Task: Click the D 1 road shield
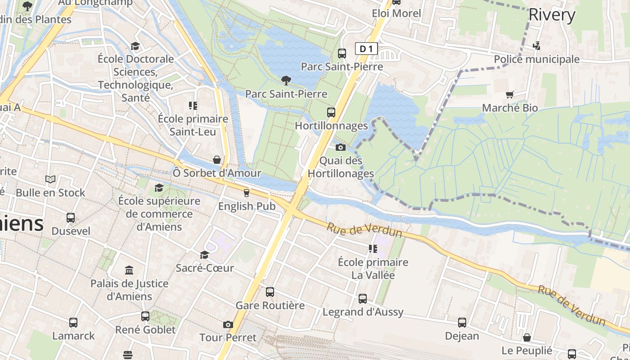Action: pos(366,49)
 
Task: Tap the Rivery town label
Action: pos(552,15)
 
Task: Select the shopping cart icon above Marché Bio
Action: pos(510,94)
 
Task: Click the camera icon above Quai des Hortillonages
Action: pos(340,147)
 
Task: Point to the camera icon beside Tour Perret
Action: pos(228,324)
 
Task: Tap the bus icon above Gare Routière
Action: pos(270,292)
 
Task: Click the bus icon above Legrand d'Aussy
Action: pos(363,299)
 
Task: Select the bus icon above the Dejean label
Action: pos(462,323)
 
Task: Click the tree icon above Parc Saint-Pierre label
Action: pos(286,81)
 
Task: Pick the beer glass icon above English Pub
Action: pos(246,193)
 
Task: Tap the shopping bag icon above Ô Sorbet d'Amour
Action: pos(217,160)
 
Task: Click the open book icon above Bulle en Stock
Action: pos(50,180)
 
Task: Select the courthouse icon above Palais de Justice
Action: pos(129,270)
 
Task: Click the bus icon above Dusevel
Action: pos(71,218)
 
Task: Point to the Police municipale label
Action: pos(536,59)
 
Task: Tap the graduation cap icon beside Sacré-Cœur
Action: pos(204,255)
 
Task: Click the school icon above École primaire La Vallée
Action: pos(373,248)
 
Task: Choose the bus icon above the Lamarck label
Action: pos(73,323)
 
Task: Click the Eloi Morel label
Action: pos(396,13)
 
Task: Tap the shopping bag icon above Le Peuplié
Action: pos(526,337)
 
